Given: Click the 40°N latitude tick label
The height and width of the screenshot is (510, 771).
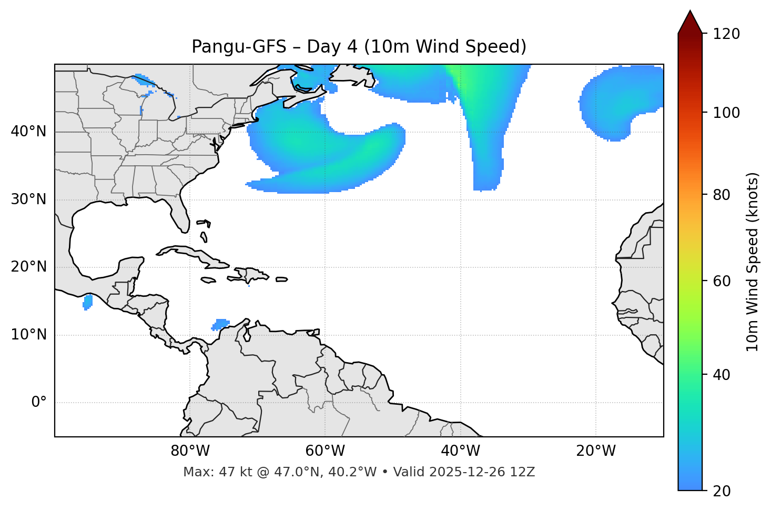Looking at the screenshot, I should pos(28,132).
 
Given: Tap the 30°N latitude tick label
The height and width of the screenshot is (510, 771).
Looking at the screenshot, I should pos(28,199).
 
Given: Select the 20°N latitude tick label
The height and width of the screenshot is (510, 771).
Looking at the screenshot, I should pos(28,267).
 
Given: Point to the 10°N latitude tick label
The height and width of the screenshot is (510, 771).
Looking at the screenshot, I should pos(28,335).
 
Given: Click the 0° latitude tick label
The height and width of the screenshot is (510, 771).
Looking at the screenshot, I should pos(38,403).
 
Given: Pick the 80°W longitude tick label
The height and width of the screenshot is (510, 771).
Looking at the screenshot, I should pos(190,451).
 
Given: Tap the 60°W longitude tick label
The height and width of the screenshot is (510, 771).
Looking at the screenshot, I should pos(325,451).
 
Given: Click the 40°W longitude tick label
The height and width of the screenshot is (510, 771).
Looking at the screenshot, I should pos(460,451).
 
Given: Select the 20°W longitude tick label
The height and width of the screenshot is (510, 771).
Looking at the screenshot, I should pos(596,451).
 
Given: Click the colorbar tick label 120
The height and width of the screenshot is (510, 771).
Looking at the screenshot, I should pos(726,34).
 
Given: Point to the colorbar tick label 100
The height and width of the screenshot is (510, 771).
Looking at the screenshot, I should pos(726,113).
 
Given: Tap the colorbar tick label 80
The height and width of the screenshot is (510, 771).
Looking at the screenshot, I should pos(722,195).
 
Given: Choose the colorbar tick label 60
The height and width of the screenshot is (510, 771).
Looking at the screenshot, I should pos(722,281).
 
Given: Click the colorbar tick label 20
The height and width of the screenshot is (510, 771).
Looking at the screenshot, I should pos(722,491).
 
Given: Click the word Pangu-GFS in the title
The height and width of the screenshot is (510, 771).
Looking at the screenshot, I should pos(239,47).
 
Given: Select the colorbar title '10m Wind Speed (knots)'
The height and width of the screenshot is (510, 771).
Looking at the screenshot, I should pos(753,262).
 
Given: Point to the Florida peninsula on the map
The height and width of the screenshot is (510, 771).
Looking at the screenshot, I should pos(180,213).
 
